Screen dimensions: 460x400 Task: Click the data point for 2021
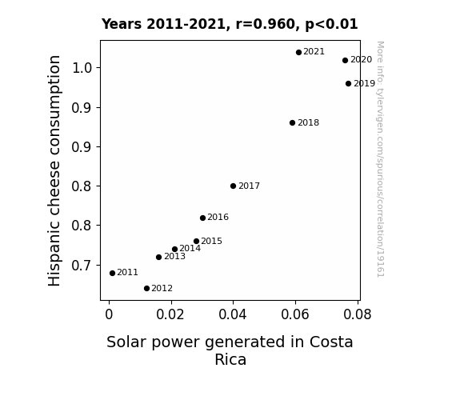point(298,53)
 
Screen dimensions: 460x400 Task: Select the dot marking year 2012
point(146,289)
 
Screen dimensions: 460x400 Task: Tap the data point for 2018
point(292,122)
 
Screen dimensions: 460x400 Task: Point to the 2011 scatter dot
point(112,274)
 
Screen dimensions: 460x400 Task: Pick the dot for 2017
point(233,186)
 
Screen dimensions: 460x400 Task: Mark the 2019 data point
point(348,84)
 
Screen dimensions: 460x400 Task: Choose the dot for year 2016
point(202,218)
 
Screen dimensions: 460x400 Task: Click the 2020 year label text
point(361,59)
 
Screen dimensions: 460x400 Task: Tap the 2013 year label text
point(175,257)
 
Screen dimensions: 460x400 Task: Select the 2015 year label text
point(211,242)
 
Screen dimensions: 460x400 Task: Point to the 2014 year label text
point(190,249)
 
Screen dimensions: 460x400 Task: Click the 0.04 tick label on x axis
point(233,314)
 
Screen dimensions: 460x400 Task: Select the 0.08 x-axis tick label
point(358,314)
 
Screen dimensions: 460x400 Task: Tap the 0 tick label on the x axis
point(109,314)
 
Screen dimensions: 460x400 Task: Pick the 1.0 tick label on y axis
point(82,68)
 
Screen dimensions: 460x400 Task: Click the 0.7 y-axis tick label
point(82,266)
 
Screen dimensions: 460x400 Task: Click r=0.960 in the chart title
point(265,24)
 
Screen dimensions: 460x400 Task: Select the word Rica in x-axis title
point(230,360)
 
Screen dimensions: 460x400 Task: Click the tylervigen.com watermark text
point(380,159)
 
